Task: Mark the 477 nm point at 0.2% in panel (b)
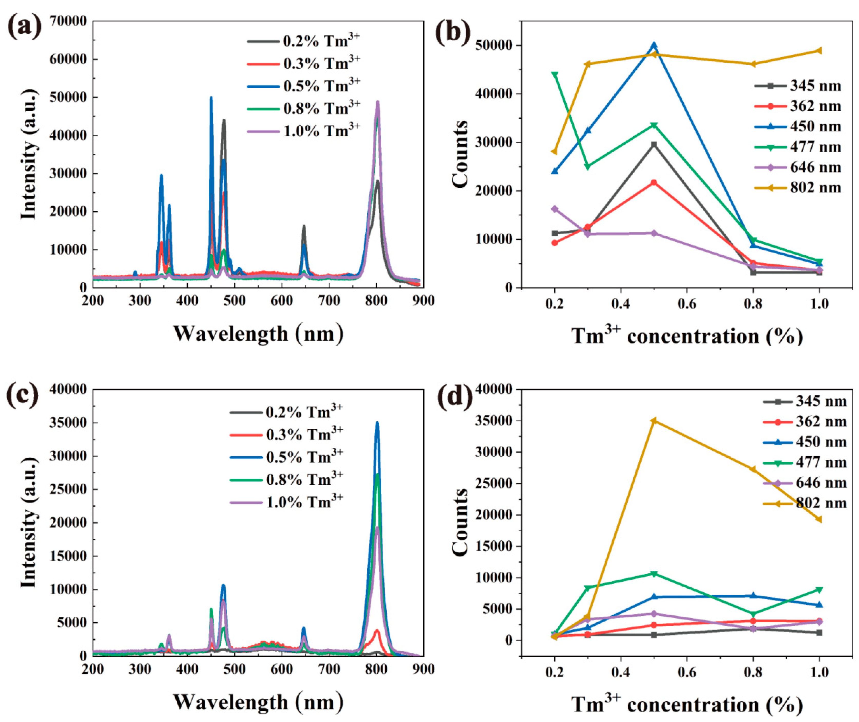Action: [x=555, y=75]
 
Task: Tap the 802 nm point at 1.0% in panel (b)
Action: [x=819, y=51]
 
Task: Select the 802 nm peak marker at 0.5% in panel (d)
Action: [x=654, y=420]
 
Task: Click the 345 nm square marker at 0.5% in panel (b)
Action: [x=654, y=144]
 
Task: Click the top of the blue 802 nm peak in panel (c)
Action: [x=377, y=423]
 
